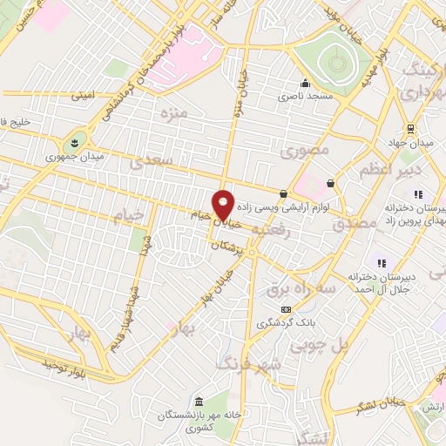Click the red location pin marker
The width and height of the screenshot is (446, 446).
click(x=224, y=204)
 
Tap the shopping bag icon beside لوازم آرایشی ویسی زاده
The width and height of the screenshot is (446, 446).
click(x=284, y=193)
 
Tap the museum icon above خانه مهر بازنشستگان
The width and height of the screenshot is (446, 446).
click(x=200, y=401)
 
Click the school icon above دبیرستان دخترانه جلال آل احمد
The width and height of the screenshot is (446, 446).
click(x=381, y=262)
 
